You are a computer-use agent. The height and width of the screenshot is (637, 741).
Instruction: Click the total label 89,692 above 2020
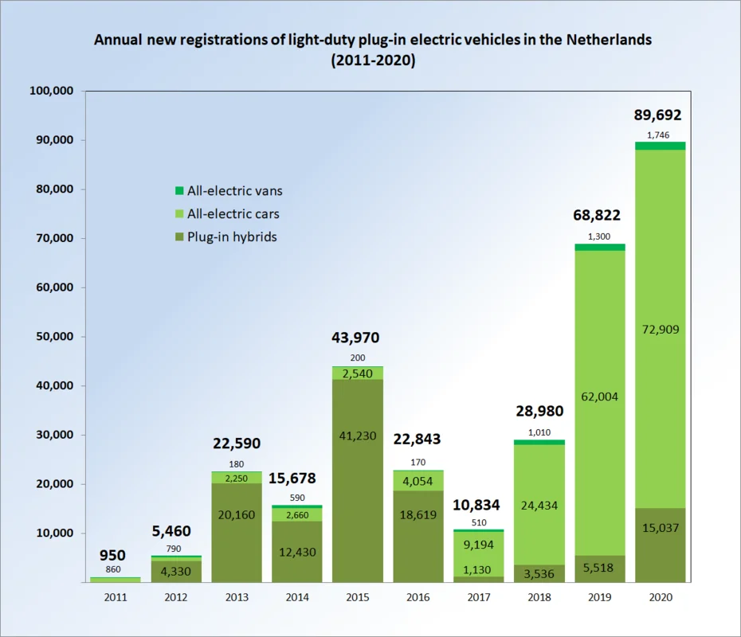[658, 115]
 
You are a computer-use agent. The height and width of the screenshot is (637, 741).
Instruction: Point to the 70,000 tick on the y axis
[51, 238]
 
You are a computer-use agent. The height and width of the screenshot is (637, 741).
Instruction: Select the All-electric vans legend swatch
[178, 191]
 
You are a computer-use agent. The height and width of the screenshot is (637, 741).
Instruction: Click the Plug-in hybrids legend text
[232, 236]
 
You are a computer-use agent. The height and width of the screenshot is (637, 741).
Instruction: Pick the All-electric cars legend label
[233, 214]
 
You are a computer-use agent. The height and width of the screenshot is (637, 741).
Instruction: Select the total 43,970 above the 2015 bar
[355, 338]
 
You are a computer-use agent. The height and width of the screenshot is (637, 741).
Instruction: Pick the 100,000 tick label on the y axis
[51, 91]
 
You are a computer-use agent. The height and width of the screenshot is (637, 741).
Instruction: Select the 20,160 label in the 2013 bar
[236, 515]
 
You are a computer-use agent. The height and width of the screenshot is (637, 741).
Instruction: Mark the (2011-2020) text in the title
[372, 60]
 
